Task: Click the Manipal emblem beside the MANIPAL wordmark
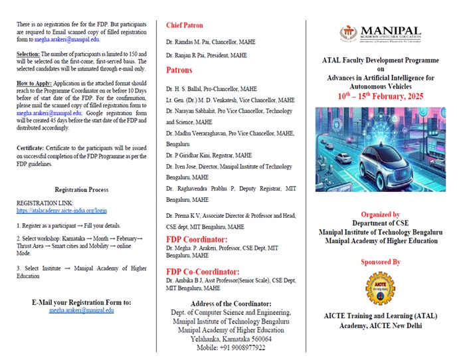point(349,33)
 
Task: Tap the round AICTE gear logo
point(381,291)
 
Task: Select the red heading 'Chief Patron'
point(184,25)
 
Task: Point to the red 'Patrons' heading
point(179,69)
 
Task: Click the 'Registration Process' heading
point(81,189)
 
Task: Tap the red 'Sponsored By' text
point(381,262)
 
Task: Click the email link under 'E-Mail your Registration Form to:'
point(82,310)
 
